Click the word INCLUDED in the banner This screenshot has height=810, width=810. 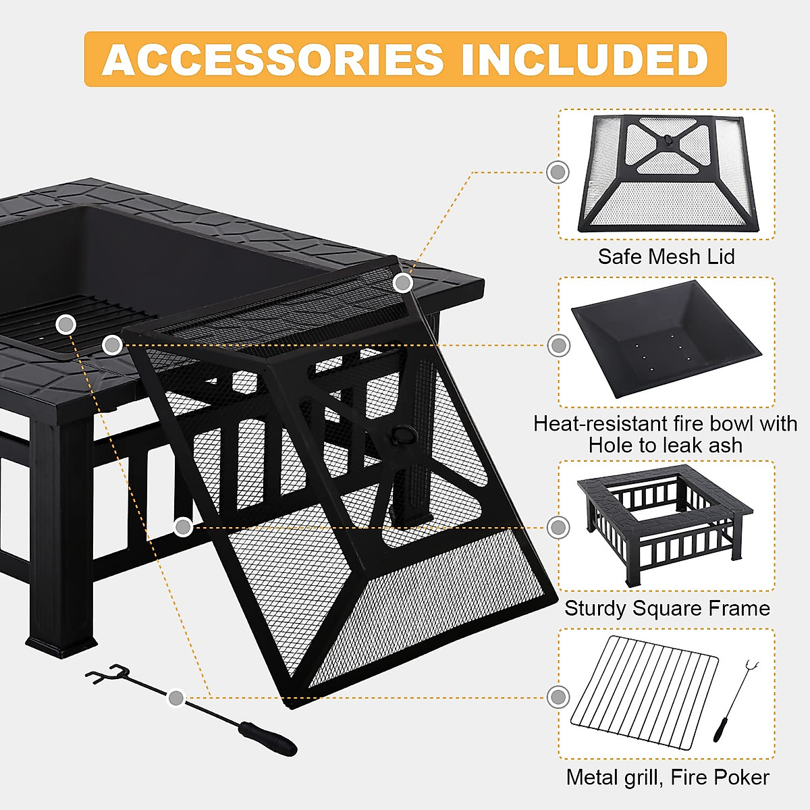pos(585,59)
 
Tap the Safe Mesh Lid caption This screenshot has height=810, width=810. pos(666,256)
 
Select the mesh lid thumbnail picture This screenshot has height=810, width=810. pos(668,174)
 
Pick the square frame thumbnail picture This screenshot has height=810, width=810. pos(665,525)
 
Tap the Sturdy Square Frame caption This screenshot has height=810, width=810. pos(667,608)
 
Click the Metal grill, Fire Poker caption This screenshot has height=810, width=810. pos(668,777)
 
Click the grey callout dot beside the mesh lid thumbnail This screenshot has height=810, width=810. pos(558,172)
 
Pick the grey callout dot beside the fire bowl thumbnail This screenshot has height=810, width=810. pos(558,346)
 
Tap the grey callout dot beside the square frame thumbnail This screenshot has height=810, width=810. pos(558,527)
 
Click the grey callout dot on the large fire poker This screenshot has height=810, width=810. pos(175,697)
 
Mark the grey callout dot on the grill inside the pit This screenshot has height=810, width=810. pos(65,325)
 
